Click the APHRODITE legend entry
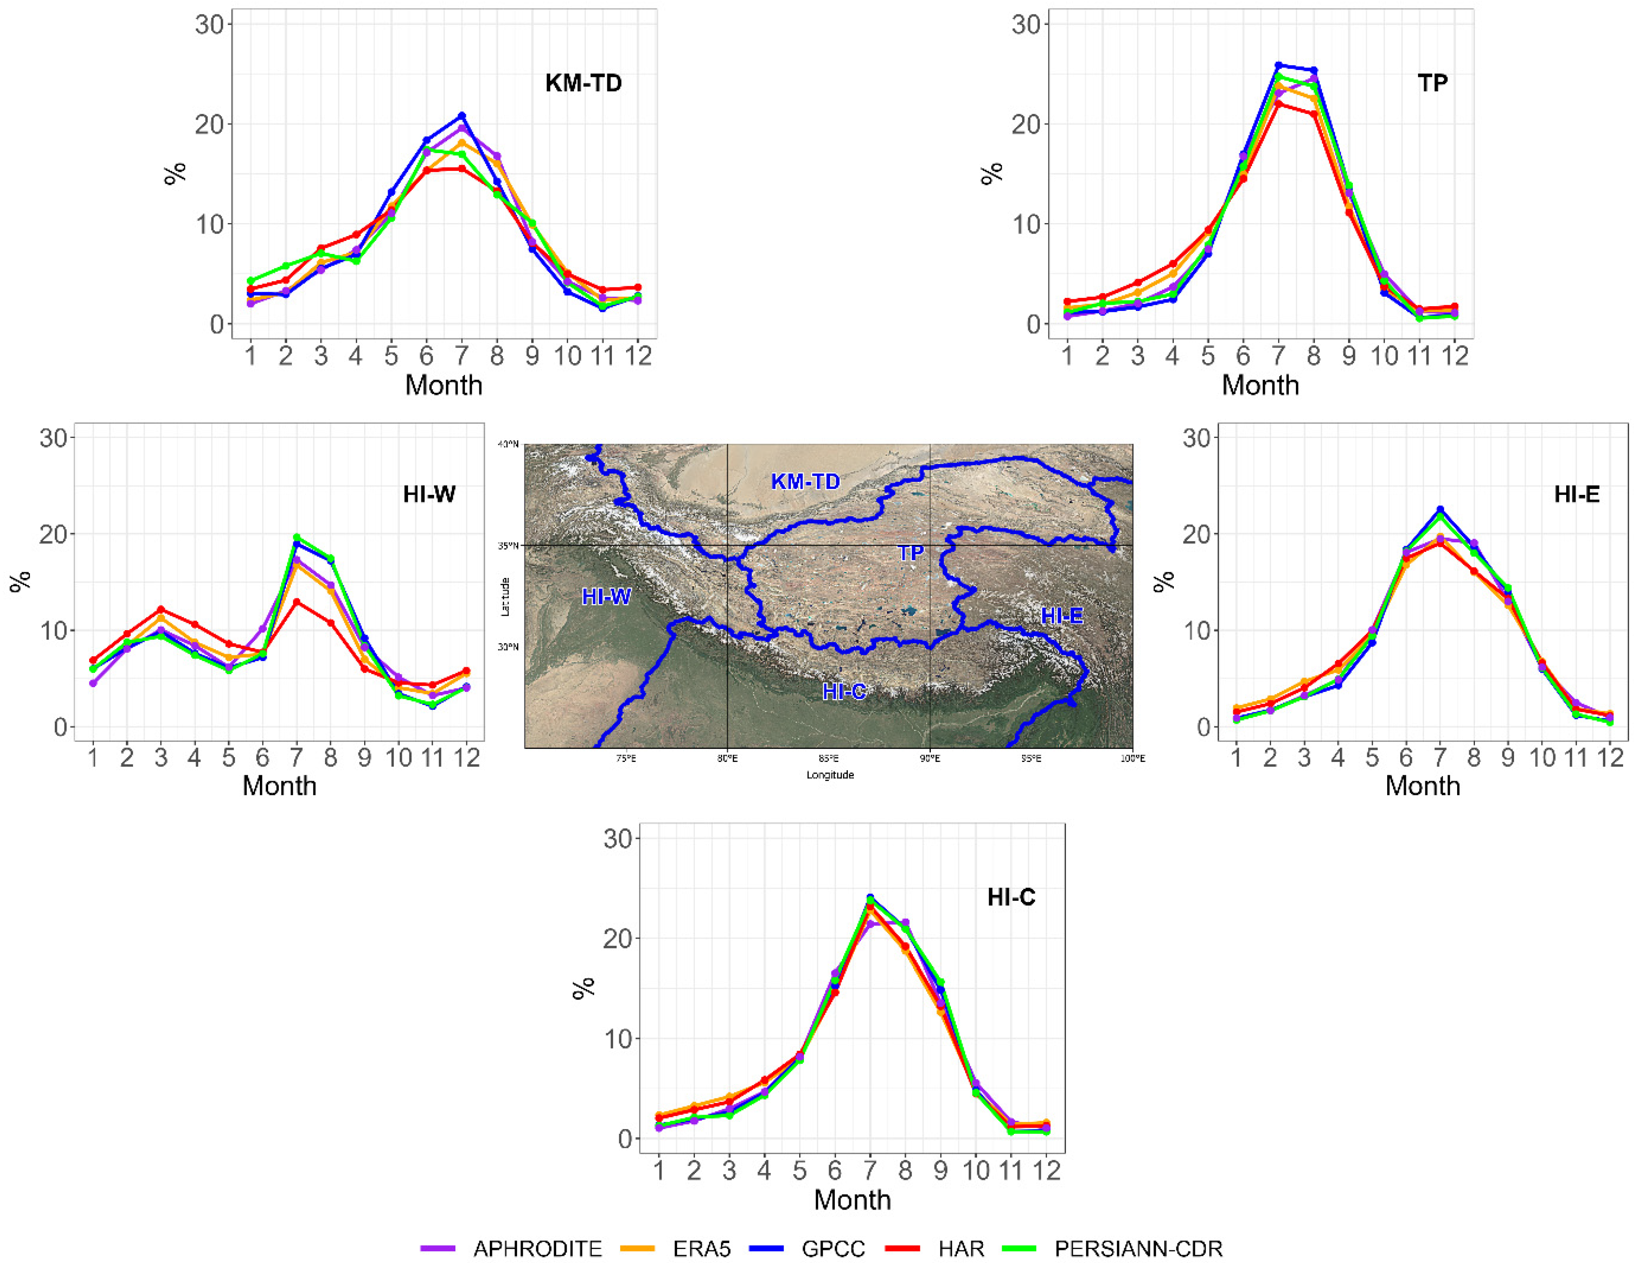point(537,1248)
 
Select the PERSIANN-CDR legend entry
point(1138,1248)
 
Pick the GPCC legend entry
point(833,1248)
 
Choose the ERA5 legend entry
point(701,1248)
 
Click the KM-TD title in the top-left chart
point(583,83)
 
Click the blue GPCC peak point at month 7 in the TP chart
point(1279,65)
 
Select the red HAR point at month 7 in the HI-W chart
point(297,601)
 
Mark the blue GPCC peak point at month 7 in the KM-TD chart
point(462,116)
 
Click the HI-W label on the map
point(606,597)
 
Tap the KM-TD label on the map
point(805,481)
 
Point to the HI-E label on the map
point(1061,616)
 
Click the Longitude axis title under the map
point(830,775)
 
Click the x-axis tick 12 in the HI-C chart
point(1046,1170)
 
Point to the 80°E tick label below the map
point(727,758)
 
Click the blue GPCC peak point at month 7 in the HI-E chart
point(1440,509)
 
